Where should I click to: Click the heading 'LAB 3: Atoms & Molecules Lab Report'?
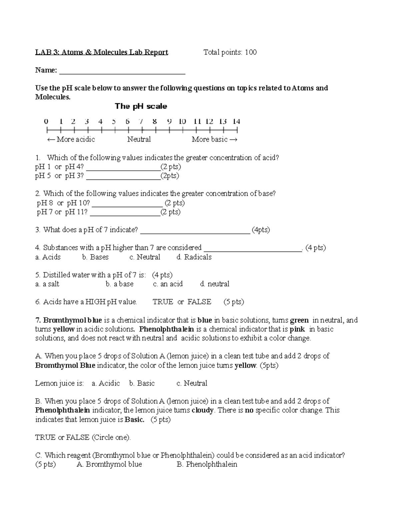[x=102, y=52]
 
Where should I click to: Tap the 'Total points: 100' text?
[x=230, y=52]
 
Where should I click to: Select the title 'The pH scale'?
[x=141, y=106]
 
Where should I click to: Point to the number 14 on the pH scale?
[x=236, y=121]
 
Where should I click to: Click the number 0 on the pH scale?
[x=46, y=121]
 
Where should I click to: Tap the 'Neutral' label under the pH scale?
[x=139, y=139]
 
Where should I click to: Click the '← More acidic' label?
[x=71, y=139]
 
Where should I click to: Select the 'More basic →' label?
[x=215, y=139]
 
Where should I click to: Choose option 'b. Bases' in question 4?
[x=95, y=257]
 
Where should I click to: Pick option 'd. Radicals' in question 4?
[x=194, y=257]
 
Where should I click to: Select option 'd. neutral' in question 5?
[x=215, y=284]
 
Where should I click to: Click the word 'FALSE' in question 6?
[x=199, y=302]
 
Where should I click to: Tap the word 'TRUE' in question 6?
[x=163, y=302]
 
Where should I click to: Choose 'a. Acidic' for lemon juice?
[x=106, y=384]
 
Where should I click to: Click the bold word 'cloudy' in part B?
[x=203, y=411]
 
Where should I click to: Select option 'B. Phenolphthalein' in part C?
[x=207, y=465]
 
